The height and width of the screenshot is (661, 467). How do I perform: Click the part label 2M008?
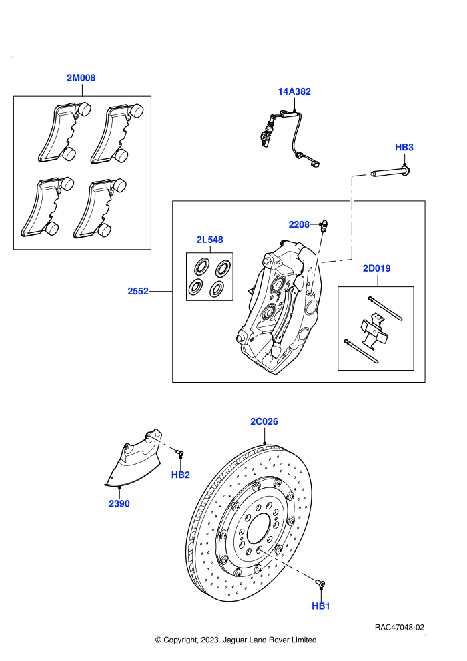81,78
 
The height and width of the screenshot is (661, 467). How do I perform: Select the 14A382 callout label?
294,91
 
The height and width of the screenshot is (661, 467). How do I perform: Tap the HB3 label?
404,147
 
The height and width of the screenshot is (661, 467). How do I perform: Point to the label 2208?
299,225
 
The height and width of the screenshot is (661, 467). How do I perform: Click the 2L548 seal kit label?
209,240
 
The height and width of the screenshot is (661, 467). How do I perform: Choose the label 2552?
138,291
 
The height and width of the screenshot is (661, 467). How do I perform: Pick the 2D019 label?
376,268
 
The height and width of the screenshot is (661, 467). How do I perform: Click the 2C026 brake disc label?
264,421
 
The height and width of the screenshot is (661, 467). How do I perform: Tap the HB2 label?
180,475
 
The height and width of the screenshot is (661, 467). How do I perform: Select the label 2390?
119,503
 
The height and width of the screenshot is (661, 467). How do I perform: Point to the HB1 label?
320,606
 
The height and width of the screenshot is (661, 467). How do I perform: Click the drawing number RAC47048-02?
399,628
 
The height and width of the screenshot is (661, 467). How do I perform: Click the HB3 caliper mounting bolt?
390,172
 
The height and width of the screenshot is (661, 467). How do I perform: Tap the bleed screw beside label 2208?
324,226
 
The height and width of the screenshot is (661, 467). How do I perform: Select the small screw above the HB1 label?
320,583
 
